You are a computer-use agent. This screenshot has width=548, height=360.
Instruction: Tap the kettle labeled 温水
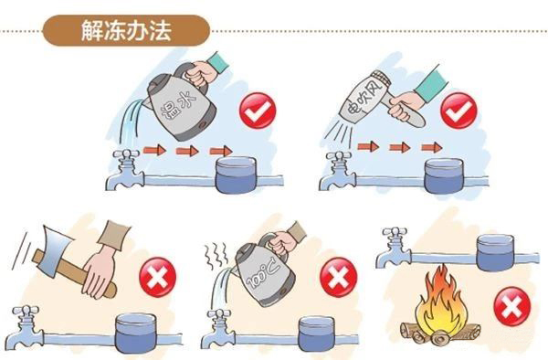170,96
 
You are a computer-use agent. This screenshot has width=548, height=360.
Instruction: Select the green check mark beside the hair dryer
458,112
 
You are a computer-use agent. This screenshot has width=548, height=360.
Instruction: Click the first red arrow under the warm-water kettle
153,150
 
